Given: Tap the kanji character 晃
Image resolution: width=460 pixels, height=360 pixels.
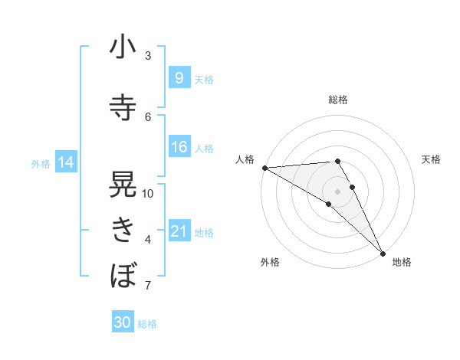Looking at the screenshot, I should click(x=123, y=185).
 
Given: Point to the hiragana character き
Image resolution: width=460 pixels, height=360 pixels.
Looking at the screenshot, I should click(x=123, y=229).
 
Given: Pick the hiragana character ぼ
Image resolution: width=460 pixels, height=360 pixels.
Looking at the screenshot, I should click(x=123, y=273).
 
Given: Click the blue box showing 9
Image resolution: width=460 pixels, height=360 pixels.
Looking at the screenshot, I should click(x=179, y=77).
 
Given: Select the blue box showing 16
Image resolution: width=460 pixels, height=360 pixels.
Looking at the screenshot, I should click(x=179, y=147).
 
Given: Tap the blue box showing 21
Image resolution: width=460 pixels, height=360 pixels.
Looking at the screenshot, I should click(x=179, y=231).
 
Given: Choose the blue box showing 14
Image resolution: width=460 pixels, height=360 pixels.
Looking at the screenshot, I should click(x=65, y=162).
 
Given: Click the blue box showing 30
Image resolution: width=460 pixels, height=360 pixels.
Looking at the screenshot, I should click(x=122, y=322).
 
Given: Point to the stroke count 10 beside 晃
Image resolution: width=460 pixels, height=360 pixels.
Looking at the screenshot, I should click(x=148, y=194).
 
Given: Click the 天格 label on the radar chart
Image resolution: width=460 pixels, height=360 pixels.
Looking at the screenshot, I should click(x=431, y=159).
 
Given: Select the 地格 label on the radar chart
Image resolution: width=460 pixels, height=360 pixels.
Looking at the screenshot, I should click(x=402, y=263).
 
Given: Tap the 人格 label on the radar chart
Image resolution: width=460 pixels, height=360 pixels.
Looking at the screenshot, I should click(x=245, y=159).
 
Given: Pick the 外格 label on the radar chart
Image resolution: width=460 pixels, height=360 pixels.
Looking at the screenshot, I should click(x=269, y=263).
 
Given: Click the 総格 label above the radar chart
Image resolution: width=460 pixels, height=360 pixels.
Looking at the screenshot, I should click(x=337, y=100).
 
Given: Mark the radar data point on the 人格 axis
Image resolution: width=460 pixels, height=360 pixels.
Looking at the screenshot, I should click(x=264, y=167).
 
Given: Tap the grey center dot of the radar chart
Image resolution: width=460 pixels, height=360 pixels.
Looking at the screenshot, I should click(x=337, y=191).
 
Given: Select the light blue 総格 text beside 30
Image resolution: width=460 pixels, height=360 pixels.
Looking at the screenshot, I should click(x=148, y=324).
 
